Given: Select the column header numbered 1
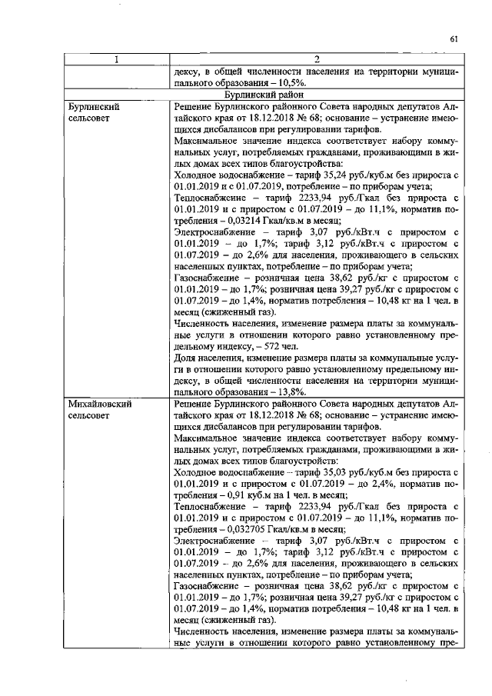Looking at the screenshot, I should (x=117, y=61).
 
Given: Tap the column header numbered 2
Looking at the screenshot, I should (x=317, y=61).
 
